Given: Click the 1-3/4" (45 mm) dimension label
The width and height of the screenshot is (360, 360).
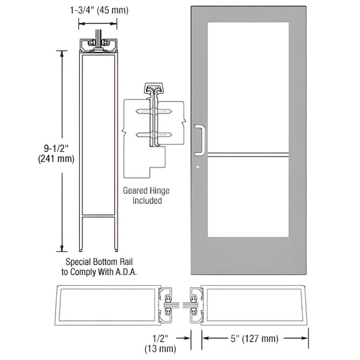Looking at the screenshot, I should (x=101, y=9).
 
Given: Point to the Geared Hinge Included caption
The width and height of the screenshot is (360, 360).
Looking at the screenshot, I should (x=143, y=196).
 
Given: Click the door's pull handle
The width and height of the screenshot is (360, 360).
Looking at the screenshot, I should (x=199, y=138).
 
